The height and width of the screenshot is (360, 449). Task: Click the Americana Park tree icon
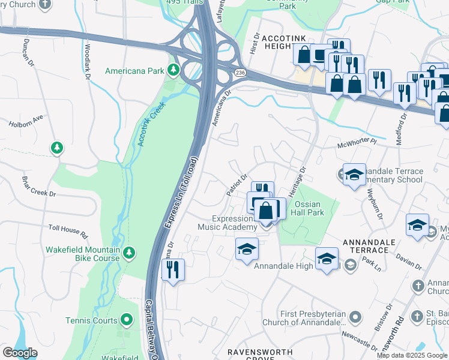[173, 70]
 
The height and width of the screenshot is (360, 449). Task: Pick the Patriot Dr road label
[237, 185]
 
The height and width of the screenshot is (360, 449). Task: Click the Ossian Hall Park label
[309, 208]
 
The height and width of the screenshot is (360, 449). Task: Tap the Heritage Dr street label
[302, 178]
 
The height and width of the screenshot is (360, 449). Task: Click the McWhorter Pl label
[356, 143]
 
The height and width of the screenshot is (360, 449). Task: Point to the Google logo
[20, 353]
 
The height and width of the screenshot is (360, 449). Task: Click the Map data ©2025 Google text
[412, 355]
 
